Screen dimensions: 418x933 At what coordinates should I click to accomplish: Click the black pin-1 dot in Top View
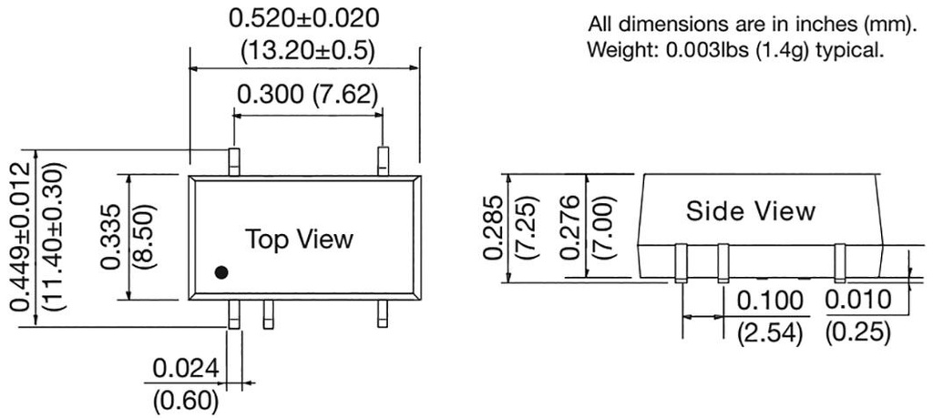(221, 271)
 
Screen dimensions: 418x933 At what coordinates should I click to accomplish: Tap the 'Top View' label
(298, 240)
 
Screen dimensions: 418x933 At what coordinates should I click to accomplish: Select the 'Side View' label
(750, 211)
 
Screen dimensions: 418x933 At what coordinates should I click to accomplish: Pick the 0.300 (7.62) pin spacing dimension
(307, 94)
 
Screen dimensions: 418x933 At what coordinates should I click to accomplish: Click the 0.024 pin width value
(185, 369)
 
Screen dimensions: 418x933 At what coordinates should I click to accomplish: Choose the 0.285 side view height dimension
(493, 227)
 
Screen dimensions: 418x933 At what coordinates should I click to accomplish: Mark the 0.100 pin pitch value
(770, 301)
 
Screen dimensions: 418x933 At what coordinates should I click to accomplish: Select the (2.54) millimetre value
(770, 332)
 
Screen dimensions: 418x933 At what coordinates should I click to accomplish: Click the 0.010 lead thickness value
(857, 301)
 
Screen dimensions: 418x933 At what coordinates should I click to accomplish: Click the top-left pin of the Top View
(234, 161)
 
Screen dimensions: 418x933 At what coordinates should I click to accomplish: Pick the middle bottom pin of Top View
(268, 314)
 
